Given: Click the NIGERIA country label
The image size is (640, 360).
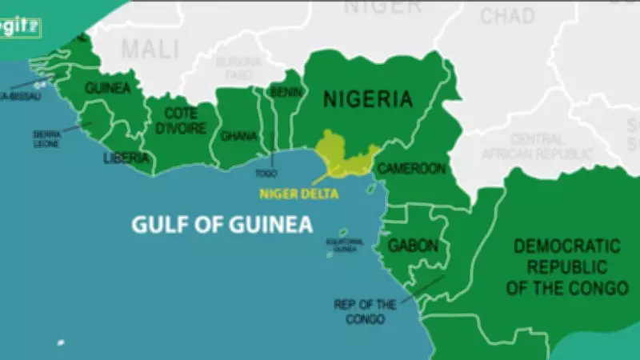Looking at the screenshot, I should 368,99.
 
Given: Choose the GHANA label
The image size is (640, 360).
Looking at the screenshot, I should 238,136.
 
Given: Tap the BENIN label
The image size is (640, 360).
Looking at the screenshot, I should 284,93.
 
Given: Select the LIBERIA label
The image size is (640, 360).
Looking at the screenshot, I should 126,158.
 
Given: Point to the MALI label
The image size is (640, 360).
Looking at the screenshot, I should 150,50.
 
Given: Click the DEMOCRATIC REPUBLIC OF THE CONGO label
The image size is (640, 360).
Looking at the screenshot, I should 566,266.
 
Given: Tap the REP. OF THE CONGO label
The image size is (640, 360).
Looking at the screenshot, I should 366,311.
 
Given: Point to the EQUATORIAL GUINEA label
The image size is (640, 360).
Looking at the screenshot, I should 345,245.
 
